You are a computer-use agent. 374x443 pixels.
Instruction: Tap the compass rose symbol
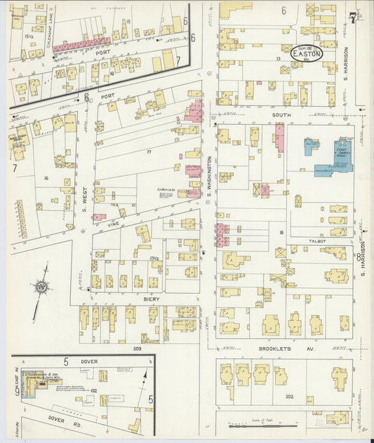pyautogui.click(x=41, y=287)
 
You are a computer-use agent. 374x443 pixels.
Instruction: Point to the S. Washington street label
pyautogui.click(x=209, y=175)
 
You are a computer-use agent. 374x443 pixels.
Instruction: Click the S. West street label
pyautogui.click(x=86, y=191)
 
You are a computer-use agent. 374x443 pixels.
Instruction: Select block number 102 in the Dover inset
pyautogui.click(x=93, y=390)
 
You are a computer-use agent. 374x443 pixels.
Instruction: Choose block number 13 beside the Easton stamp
pyautogui.click(x=279, y=59)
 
